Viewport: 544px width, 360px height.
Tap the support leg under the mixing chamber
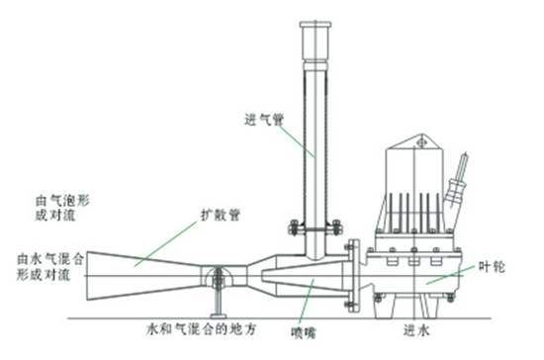218,296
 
